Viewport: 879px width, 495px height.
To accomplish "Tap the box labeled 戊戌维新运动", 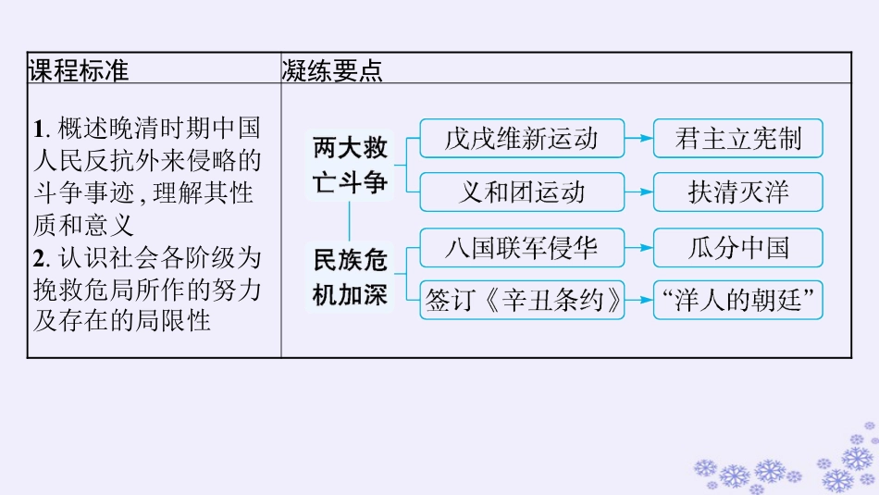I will (x=522, y=139).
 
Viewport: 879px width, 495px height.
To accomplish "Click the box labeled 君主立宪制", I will (x=737, y=139).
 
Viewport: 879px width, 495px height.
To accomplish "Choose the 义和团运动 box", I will (x=522, y=192).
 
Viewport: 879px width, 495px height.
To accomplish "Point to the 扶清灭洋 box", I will (x=737, y=192).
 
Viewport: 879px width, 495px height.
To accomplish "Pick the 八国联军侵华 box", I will (x=522, y=247).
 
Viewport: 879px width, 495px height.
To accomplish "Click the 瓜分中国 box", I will (x=737, y=247).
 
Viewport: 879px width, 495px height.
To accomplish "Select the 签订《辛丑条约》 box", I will (x=522, y=300).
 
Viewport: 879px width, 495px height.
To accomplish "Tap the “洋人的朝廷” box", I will (x=737, y=300).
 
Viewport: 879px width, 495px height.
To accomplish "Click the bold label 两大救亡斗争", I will (x=350, y=165).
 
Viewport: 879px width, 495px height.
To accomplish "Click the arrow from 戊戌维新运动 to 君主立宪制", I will (x=638, y=139).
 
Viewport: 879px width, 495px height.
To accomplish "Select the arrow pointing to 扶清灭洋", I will (x=638, y=192).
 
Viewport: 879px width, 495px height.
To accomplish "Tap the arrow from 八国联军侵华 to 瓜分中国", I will (x=638, y=247).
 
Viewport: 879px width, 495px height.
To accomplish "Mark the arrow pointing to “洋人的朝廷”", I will (x=638, y=300).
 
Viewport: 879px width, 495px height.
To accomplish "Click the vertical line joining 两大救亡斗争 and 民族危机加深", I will (x=350, y=219).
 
